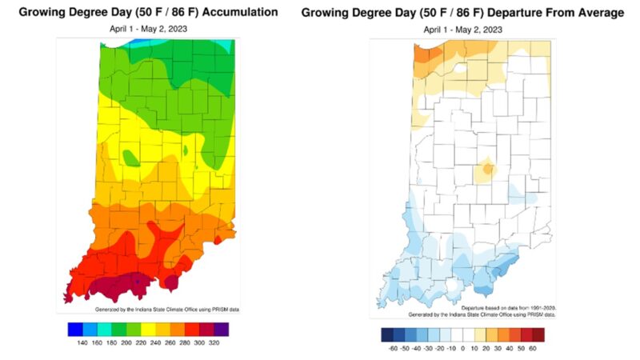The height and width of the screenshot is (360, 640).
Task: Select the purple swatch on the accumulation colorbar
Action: pos(221,328)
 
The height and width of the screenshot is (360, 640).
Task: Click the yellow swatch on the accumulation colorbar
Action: pos(148,328)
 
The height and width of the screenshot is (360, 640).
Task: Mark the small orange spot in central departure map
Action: pos(486,170)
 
